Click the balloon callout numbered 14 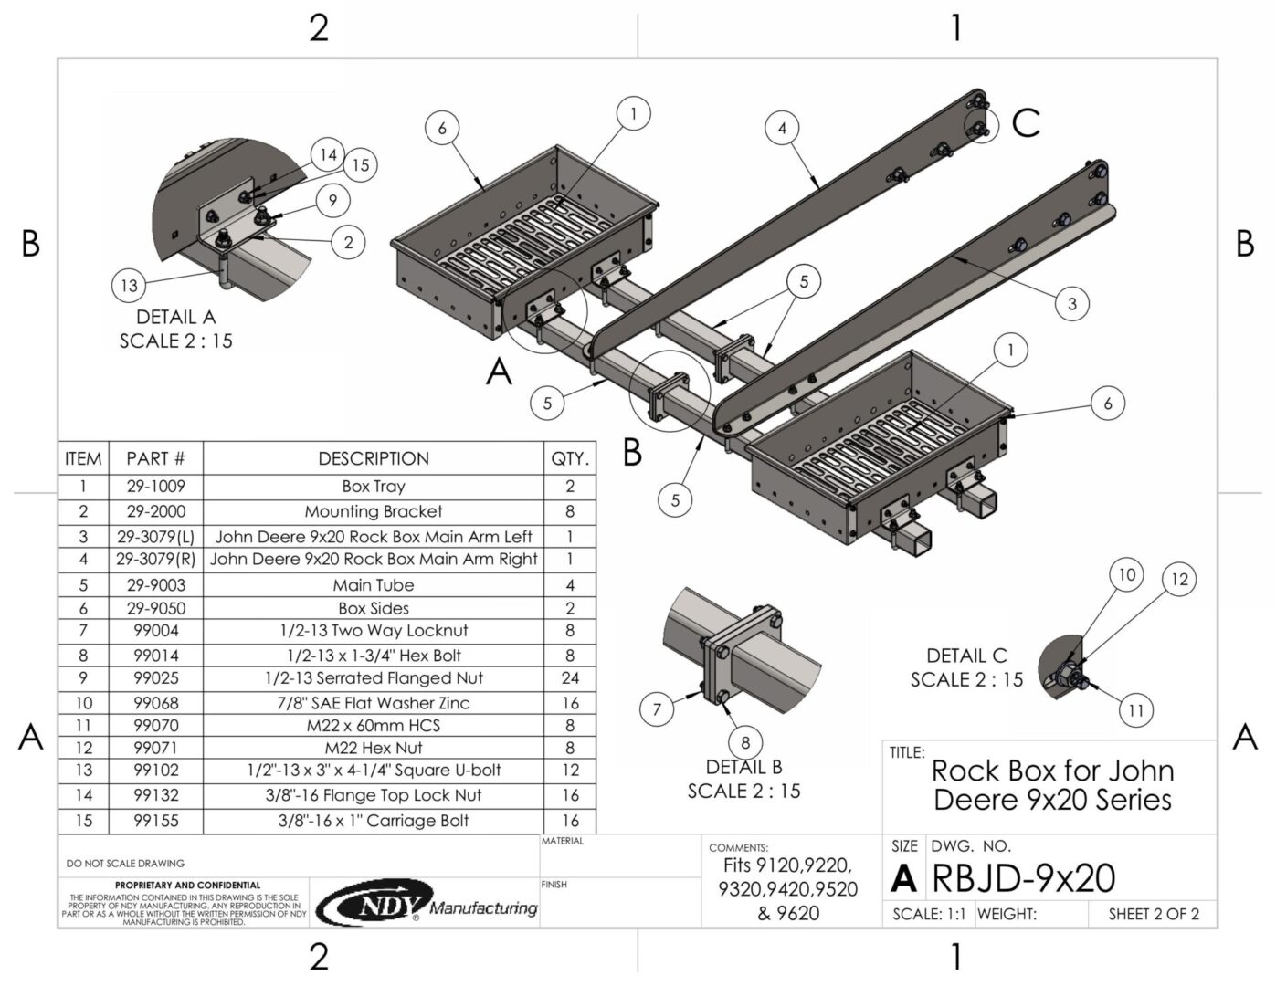[328, 155]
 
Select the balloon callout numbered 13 [129, 286]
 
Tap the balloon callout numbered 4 [782, 128]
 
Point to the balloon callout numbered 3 [1071, 303]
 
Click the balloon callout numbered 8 [745, 742]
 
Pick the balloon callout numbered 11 [1135, 710]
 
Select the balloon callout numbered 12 [1179, 579]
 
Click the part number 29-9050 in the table [155, 608]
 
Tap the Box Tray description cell [374, 487]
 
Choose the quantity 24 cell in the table [570, 677]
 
